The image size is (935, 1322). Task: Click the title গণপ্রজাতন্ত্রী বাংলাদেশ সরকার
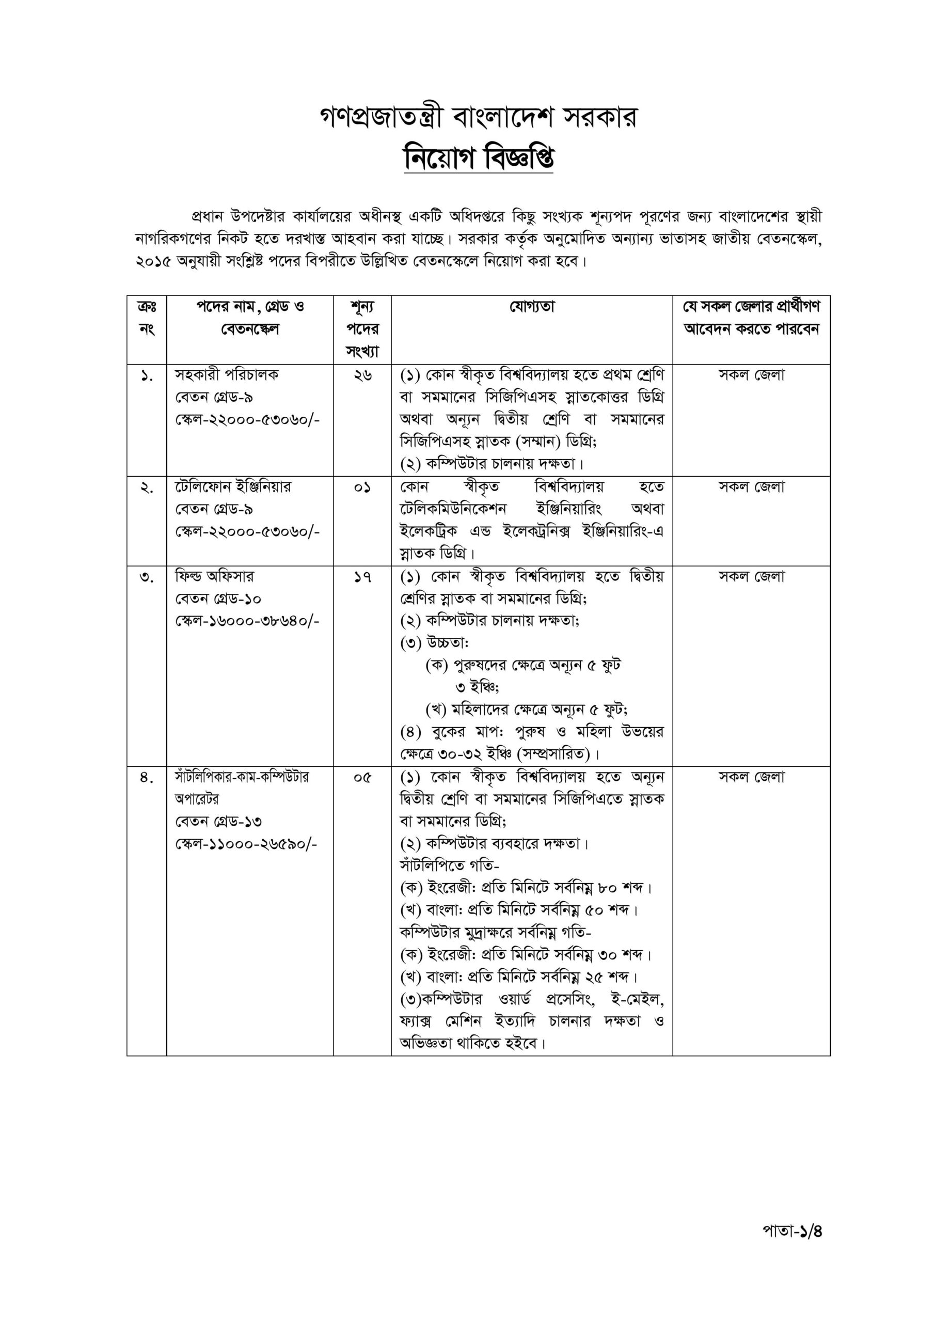[479, 117]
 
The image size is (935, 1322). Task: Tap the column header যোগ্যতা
[531, 307]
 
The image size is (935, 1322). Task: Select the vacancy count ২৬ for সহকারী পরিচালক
[362, 375]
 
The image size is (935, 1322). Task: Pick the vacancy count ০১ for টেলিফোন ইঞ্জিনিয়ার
[362, 487]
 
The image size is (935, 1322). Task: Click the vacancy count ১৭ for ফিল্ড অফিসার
[362, 577]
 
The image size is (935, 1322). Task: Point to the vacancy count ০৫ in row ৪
[362, 778]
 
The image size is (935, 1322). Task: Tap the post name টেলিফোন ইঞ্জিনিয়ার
[233, 487]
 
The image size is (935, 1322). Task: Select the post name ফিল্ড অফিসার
[214, 576]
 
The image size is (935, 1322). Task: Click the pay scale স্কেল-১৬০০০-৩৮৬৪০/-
[247, 621]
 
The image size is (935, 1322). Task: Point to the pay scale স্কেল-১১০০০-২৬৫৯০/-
[246, 845]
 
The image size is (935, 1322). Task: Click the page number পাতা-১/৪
[791, 1231]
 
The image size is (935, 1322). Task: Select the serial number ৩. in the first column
[146, 577]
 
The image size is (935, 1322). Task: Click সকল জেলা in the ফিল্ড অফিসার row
[751, 577]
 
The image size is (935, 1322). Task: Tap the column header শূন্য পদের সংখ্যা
[362, 329]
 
